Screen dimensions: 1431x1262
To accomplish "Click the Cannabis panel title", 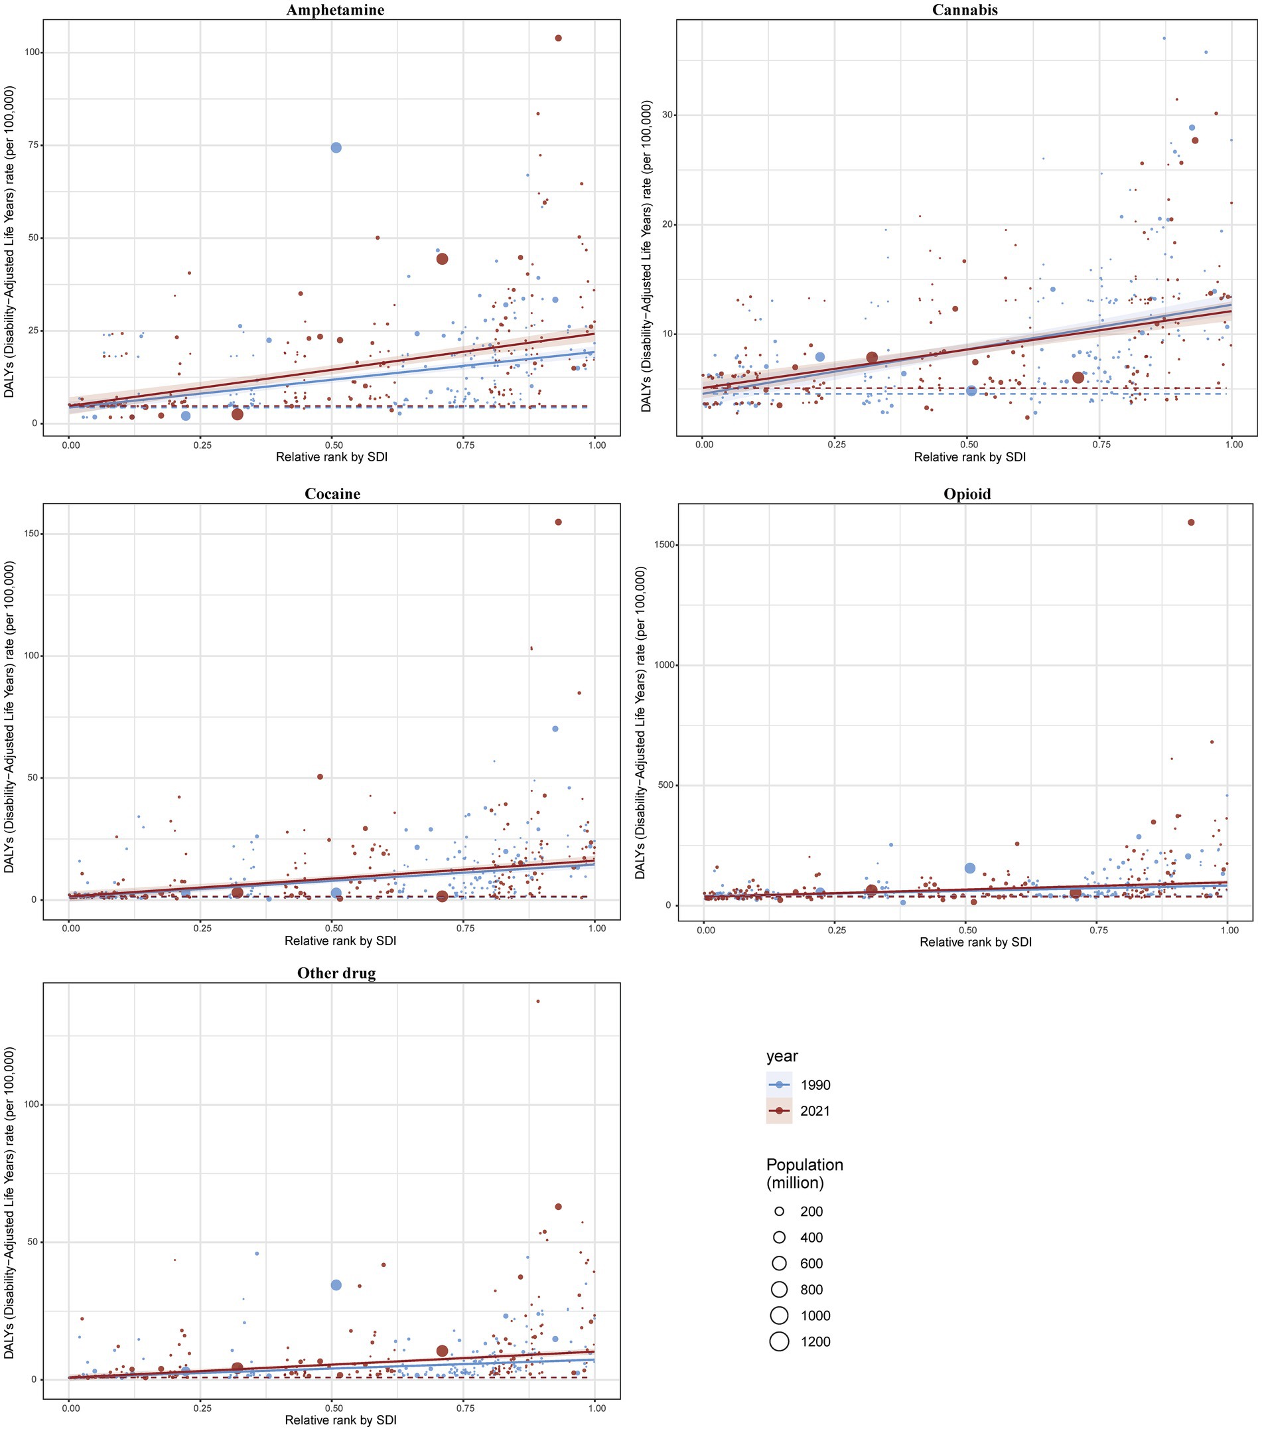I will pos(965,10).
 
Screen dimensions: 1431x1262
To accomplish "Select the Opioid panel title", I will pos(967,494).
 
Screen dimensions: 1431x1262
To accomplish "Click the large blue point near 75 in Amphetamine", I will pos(336,148).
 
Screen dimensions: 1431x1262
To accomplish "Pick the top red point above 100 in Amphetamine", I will pos(558,38).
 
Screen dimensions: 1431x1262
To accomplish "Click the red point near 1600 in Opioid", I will pos(1190,522).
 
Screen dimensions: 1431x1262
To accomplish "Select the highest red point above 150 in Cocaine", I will pos(558,522).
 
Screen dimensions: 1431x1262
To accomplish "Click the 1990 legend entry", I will pos(815,1085).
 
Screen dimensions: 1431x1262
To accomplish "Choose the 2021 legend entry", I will pos(815,1110).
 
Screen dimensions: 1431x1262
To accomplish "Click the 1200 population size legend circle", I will pos(779,1341).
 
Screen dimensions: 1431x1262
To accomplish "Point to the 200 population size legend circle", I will pos(779,1211).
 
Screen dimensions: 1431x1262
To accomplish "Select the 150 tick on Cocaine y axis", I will pos(31,534).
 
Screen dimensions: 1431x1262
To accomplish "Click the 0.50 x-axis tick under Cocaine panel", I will pos(333,928).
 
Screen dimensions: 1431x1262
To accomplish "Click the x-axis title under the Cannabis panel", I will pos(969,457).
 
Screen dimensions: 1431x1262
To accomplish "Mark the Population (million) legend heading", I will pos(804,1173).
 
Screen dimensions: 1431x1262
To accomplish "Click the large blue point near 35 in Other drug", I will pos(336,1285).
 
